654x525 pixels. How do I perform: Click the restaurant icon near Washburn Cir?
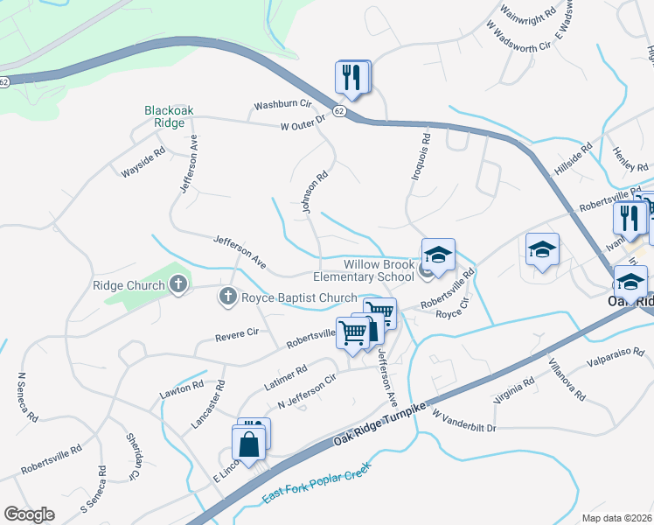tap(353, 77)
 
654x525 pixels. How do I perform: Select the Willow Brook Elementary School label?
tap(365, 269)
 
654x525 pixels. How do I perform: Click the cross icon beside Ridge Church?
tap(178, 284)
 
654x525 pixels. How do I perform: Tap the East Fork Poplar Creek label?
tap(317, 484)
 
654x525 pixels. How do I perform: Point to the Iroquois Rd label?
tap(421, 157)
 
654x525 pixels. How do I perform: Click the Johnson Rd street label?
tap(314, 192)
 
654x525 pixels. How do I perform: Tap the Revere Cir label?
tap(240, 332)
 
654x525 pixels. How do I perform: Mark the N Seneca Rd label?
tap(26, 397)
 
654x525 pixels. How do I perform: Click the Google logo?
tap(29, 514)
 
